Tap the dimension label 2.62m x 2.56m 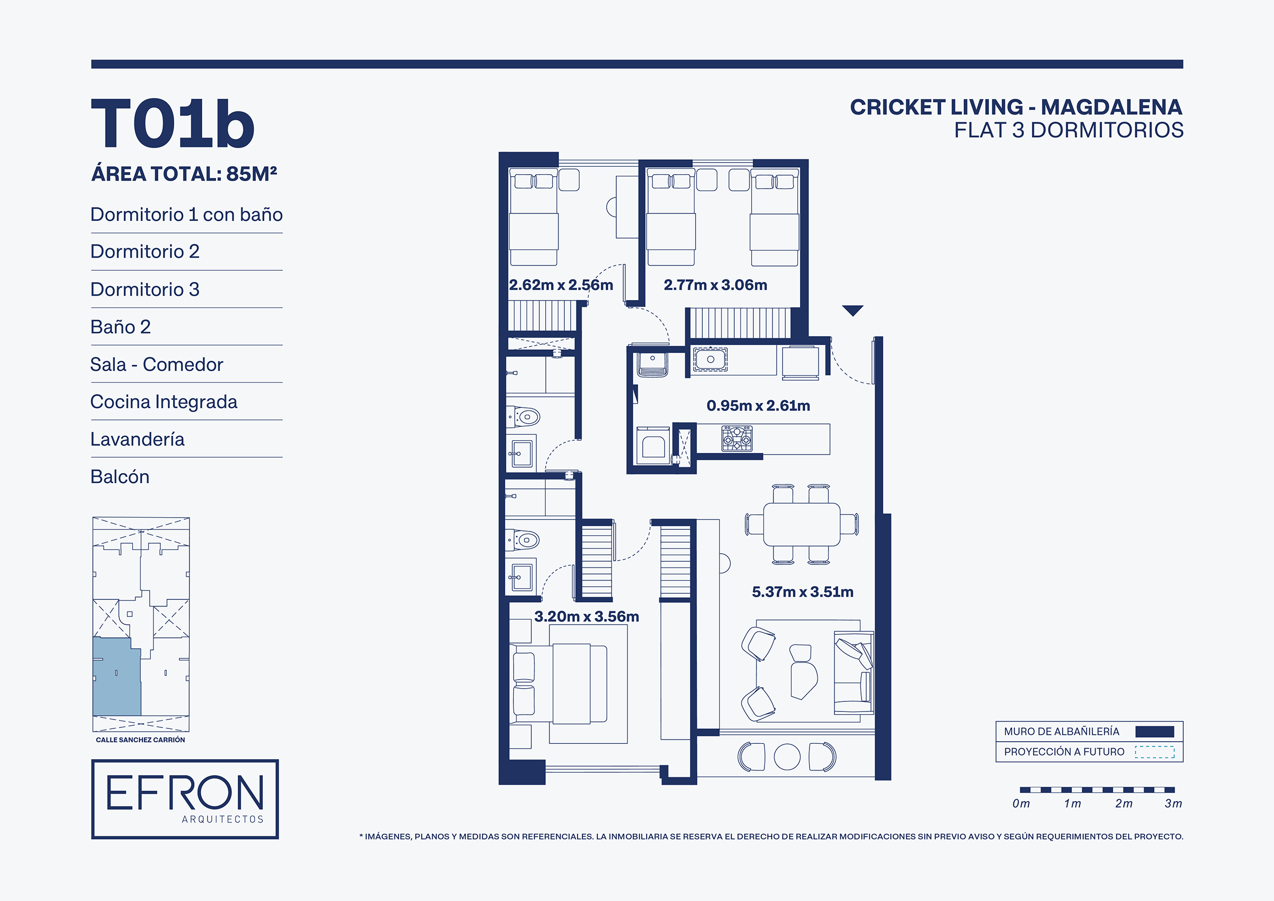pos(561,285)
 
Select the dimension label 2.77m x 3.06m pos(715,285)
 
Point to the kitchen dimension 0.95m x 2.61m pos(758,405)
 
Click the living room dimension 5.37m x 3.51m pos(802,592)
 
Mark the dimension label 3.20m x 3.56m pos(587,616)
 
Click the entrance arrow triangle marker pos(853,310)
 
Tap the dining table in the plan pos(802,524)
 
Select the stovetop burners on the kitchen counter pos(737,439)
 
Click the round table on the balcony pos(787,757)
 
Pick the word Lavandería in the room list pos(137,439)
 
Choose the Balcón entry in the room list pos(120,476)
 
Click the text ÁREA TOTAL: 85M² pos(184,174)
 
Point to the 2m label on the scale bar pos(1124,803)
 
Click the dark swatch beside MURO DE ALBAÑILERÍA pos(1155,732)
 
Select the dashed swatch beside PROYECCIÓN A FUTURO pos(1155,752)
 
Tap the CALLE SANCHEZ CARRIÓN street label pos(140,740)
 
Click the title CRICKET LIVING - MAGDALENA pos(1016,107)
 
